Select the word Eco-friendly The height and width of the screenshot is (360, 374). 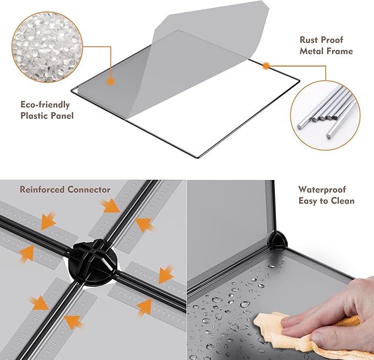(x=45, y=105)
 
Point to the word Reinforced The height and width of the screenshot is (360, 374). (x=42, y=190)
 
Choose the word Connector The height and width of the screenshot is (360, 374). (x=89, y=190)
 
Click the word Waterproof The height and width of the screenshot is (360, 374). (x=322, y=190)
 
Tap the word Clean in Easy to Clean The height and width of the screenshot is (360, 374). (x=342, y=201)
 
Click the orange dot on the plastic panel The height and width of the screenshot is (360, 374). (x=110, y=81)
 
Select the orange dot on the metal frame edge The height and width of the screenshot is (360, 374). (x=266, y=66)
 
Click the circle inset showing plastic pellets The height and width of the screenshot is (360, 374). (x=47, y=47)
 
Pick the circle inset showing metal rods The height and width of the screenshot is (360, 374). (x=326, y=116)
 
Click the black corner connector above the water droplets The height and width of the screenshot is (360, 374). (x=278, y=241)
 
